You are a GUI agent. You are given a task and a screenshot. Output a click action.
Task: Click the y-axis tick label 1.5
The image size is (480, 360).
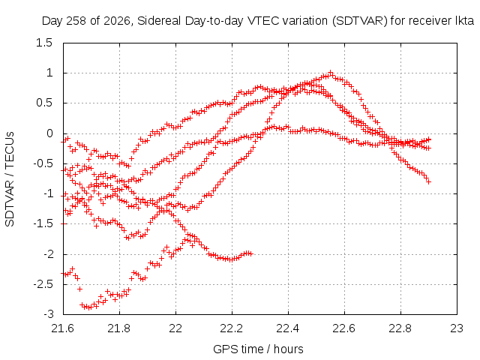(x=44, y=43)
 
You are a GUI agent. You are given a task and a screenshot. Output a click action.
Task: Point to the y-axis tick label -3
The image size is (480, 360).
(x=49, y=314)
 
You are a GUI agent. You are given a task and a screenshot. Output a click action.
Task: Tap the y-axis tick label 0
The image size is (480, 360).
(x=49, y=133)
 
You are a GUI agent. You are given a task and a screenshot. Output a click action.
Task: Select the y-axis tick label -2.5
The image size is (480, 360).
(x=43, y=284)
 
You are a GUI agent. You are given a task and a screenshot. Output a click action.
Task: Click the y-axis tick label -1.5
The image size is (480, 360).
(x=43, y=223)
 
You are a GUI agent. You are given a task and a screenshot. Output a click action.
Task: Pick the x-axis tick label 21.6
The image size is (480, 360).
(x=63, y=328)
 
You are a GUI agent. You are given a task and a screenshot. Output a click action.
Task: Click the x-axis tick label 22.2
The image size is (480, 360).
(x=232, y=328)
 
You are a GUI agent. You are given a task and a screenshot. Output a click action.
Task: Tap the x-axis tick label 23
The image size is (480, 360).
(x=457, y=328)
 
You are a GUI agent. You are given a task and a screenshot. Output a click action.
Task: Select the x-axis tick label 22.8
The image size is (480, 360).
(x=400, y=328)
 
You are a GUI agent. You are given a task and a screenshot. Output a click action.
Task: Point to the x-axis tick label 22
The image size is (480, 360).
(x=175, y=328)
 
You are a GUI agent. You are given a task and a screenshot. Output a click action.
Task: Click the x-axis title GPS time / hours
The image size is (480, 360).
(x=258, y=349)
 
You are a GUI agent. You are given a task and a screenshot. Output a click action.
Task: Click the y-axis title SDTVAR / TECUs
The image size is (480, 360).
(x=10, y=179)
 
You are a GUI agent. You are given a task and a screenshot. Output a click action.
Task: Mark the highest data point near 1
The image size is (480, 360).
(x=330, y=73)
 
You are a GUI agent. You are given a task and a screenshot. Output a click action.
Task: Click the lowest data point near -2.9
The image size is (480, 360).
(x=89, y=307)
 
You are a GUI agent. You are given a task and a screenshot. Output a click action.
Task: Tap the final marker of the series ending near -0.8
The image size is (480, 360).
(x=428, y=181)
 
